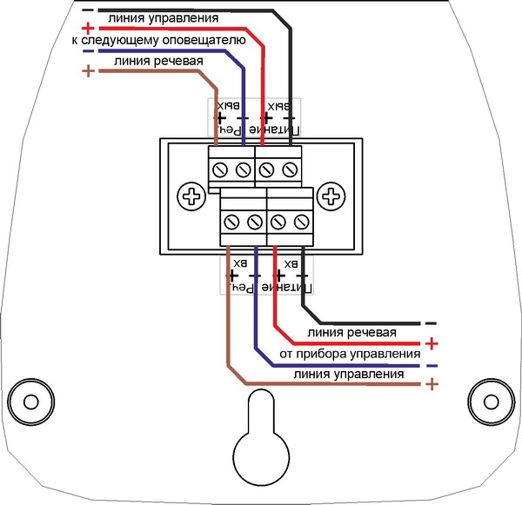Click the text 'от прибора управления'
click(351, 354)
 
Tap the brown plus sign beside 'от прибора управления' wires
click(430, 383)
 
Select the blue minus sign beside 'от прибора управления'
click(430, 363)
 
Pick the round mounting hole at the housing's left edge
click(30, 401)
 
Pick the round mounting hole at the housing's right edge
click(491, 401)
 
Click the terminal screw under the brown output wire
click(220, 165)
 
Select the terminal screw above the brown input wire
click(232, 220)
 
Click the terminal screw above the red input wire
click(278, 220)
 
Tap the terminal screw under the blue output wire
click(244, 165)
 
